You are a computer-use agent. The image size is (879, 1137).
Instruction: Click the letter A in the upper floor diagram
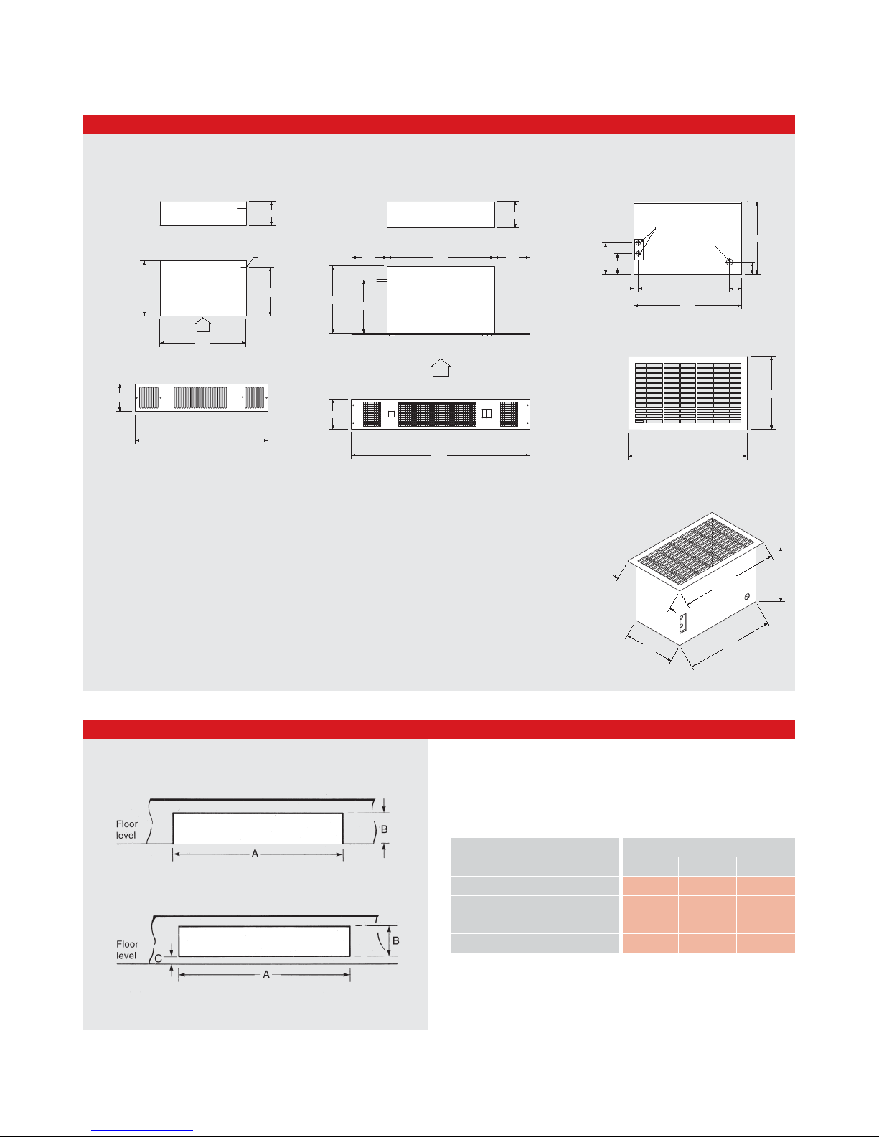click(x=255, y=854)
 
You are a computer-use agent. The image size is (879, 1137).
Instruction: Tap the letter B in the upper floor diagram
click(x=384, y=829)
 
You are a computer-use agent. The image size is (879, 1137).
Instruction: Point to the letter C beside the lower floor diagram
click(x=159, y=958)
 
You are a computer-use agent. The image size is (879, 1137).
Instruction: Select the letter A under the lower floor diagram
click(x=266, y=975)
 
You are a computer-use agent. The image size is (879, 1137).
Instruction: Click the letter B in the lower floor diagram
click(x=395, y=940)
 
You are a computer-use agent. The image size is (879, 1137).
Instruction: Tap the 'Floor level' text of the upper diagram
click(x=127, y=829)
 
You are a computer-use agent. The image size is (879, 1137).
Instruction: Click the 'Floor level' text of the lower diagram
click(x=127, y=950)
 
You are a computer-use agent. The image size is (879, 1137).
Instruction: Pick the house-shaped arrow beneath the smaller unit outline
click(x=203, y=324)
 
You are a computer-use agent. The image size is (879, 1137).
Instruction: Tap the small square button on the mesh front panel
click(x=391, y=415)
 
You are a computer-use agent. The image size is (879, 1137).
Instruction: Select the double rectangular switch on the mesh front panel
click(x=486, y=414)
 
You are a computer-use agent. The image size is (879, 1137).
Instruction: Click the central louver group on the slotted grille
click(x=201, y=397)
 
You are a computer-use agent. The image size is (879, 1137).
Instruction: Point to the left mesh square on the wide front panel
click(x=372, y=415)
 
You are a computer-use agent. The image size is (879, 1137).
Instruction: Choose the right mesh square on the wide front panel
click(x=507, y=414)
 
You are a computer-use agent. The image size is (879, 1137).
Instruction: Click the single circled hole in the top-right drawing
click(x=729, y=263)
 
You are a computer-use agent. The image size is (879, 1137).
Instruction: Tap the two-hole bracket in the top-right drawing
click(x=639, y=248)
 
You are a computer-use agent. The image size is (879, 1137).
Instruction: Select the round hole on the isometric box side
click(x=747, y=597)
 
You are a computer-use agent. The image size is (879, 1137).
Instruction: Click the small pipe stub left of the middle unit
click(x=381, y=280)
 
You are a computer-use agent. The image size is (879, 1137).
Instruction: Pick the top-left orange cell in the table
click(x=650, y=886)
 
